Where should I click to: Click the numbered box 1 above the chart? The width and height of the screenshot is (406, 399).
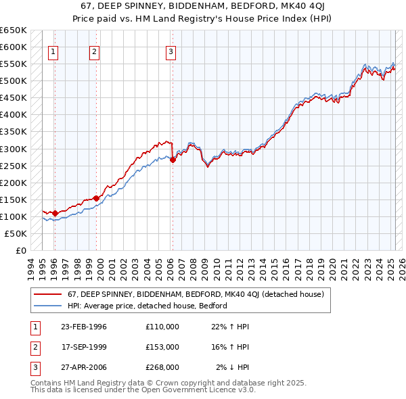point(53,51)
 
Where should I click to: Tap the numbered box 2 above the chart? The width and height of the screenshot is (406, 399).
point(95,51)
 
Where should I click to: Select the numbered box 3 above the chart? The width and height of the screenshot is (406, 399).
point(171,51)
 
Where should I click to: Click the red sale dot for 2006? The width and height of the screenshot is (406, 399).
point(173,160)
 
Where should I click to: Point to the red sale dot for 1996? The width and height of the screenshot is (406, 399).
point(55,213)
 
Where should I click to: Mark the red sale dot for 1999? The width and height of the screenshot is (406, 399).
point(96,198)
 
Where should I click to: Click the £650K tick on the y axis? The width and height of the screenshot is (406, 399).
point(14,30)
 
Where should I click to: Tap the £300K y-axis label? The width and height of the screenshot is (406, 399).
point(14,149)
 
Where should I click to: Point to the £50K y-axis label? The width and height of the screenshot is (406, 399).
point(16,233)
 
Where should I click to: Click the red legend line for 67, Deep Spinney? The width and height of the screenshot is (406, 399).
point(47,294)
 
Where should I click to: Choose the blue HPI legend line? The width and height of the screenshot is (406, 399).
point(47,306)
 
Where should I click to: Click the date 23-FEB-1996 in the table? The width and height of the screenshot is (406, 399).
point(84,327)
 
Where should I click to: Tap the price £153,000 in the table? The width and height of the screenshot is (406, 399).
point(162,346)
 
